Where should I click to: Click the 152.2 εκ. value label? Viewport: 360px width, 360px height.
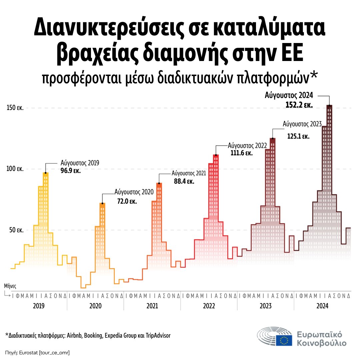tap(299, 105)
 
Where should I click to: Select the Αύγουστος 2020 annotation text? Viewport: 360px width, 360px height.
tap(134, 192)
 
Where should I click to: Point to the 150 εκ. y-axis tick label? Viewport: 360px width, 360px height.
tap(15, 108)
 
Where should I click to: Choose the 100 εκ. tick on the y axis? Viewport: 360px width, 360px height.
tap(15, 169)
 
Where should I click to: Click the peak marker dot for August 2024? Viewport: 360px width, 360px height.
tap(329, 106)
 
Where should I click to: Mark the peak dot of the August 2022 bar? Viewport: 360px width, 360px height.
tap(216, 155)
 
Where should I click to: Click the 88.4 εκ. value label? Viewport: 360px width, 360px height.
tap(184, 182)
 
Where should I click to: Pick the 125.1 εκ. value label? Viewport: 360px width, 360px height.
tap(298, 136)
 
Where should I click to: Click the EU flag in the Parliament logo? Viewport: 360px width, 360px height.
tap(284, 340)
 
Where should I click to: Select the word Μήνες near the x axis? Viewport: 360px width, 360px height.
tap(10, 286)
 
